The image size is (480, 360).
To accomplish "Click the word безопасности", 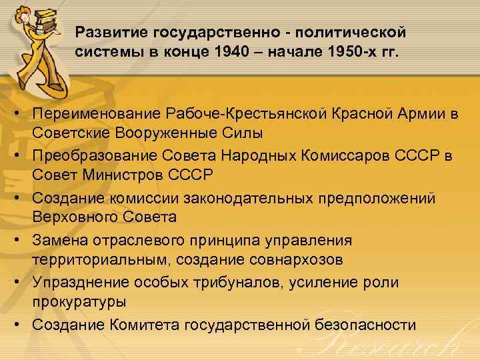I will click(x=364, y=325).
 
